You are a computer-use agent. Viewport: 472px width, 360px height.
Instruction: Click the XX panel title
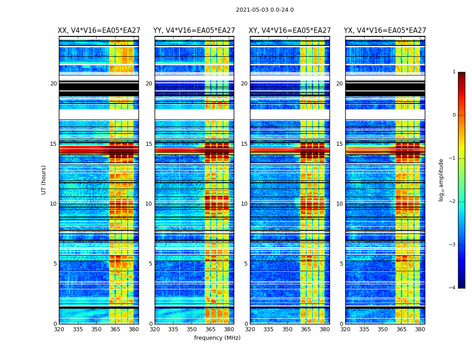pos(98,31)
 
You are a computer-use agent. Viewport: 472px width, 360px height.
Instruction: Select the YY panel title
pos(194,31)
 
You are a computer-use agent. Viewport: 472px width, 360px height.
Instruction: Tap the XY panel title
pos(290,31)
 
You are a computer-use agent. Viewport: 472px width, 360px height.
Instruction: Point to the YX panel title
pos(385,31)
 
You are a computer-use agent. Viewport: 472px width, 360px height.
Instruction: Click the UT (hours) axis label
pos(44,180)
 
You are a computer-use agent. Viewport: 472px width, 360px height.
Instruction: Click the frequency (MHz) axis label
pos(217,338)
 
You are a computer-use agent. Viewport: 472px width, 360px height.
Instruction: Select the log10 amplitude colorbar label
pos(441,180)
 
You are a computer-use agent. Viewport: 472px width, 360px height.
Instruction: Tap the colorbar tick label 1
pos(454,72)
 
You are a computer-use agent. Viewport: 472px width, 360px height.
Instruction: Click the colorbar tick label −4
pos(453,288)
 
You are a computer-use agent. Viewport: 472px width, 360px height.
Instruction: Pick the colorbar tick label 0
pos(454,115)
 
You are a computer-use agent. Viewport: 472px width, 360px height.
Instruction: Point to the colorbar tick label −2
pos(453,202)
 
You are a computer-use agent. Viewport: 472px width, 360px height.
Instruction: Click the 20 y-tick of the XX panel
pos(53,84)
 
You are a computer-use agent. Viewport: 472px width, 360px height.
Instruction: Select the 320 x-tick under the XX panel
pos(59,329)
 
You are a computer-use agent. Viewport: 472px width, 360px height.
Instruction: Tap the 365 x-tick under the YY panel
pos(211,329)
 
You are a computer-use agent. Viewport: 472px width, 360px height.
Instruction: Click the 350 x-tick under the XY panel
pos(287,329)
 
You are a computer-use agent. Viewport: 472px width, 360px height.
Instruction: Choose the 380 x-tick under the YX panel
pos(420,329)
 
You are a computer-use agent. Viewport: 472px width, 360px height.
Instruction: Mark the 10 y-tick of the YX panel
pos(339,204)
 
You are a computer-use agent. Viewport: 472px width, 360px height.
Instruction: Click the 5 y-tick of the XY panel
pos(245,264)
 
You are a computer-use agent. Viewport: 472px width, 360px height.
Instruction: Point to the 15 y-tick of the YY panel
pos(149,144)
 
